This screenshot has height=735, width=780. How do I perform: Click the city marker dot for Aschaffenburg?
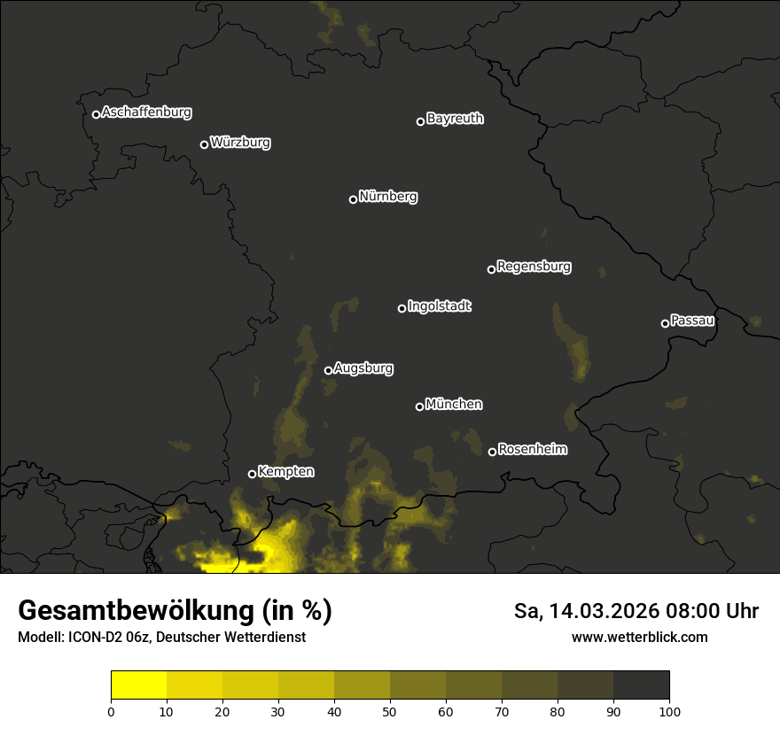pos(96,114)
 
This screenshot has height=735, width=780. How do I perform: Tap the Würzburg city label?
pos(240,142)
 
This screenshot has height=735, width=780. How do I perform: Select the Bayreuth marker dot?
pos(420,121)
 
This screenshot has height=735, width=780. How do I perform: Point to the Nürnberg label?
pos(388,197)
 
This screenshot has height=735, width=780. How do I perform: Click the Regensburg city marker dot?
pos(491,269)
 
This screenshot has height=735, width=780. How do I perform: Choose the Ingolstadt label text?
pos(440,306)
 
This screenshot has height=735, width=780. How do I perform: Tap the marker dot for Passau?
pos(665,323)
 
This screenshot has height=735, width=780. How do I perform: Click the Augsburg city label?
pos(363,367)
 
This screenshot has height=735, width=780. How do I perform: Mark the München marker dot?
pos(419,406)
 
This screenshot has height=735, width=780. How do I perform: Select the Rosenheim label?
pos(532,449)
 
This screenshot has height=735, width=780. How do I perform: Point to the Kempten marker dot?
pos(252,474)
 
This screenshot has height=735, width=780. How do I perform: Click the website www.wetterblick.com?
pos(639,637)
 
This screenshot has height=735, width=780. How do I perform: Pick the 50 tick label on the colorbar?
pos(390,711)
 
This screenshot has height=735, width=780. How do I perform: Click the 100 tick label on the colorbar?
pos(669,711)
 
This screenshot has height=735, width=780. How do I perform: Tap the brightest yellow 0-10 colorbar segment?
pos(139,685)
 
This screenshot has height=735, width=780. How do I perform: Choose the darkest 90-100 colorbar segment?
pos(641,685)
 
